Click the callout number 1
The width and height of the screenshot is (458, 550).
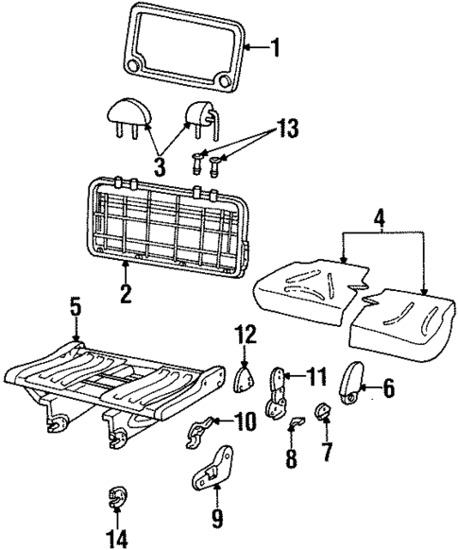pyautogui.click(x=276, y=44)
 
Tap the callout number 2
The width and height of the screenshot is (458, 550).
pyautogui.click(x=125, y=294)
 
